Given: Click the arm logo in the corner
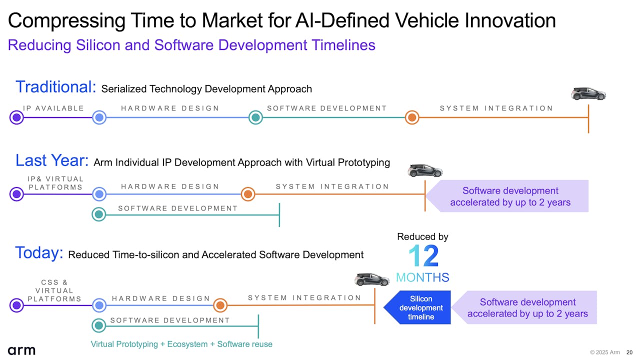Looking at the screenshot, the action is (x=21, y=350).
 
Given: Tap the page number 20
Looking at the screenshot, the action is (x=629, y=352).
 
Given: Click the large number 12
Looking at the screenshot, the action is (x=423, y=255).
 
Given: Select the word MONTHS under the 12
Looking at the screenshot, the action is (x=422, y=277).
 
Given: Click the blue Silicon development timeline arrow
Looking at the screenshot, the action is (x=417, y=307).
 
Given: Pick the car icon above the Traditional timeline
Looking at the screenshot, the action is (x=588, y=94).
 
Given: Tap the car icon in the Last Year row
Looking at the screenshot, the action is (x=425, y=171).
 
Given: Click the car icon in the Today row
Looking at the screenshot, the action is (x=371, y=279).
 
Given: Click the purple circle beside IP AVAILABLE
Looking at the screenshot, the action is (x=16, y=117).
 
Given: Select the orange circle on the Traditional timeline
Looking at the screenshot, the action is (x=412, y=117).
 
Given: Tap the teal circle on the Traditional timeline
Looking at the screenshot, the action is (x=255, y=117).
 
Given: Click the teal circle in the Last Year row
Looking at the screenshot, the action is (x=99, y=214).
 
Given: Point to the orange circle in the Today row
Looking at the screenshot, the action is (x=220, y=305).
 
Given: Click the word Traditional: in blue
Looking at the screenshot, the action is (x=55, y=86).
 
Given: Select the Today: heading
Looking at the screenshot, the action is (x=39, y=253).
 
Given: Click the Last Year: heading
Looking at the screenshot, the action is (x=52, y=160).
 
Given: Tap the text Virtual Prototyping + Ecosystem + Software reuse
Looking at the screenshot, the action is (x=181, y=344).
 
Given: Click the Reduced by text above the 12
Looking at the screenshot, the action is (x=422, y=236).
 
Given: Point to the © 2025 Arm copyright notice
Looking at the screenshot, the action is (x=605, y=352).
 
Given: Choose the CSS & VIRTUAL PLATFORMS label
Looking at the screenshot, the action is (x=54, y=290).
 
